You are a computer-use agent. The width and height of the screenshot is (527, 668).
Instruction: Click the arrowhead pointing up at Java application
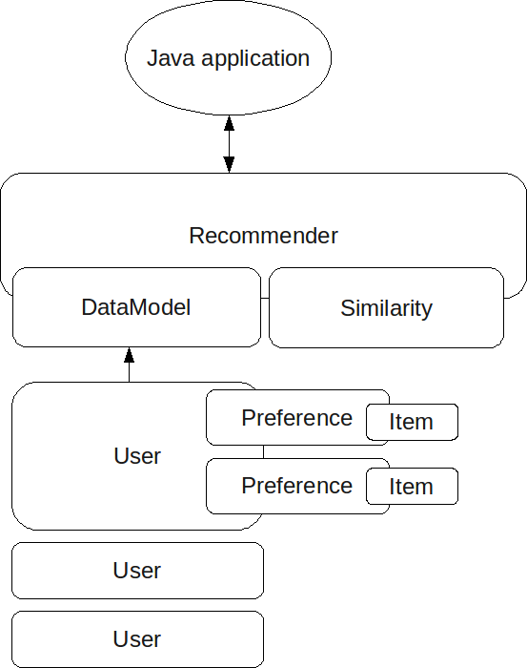(229, 123)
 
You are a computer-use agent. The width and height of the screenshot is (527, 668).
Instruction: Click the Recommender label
(263, 236)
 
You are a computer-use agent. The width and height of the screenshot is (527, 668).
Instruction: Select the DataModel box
(136, 307)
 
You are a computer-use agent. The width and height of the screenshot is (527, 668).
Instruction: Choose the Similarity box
(386, 308)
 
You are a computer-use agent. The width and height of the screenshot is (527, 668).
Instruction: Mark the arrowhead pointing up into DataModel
(130, 356)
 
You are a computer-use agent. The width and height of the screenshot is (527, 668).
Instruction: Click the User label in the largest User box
(137, 456)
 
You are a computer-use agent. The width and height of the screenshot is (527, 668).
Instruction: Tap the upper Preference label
(296, 418)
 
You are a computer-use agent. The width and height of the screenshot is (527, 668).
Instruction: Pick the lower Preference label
(296, 486)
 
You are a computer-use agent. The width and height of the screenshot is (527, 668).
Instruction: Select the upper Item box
(412, 422)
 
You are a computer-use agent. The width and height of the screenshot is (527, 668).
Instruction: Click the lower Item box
(412, 487)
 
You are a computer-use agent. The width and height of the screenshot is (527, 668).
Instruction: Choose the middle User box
(137, 571)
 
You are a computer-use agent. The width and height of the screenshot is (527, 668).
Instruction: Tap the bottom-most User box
(137, 639)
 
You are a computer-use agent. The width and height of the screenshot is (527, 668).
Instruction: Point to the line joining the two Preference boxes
(264, 452)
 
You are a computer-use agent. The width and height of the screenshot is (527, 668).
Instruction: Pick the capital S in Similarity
(347, 308)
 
